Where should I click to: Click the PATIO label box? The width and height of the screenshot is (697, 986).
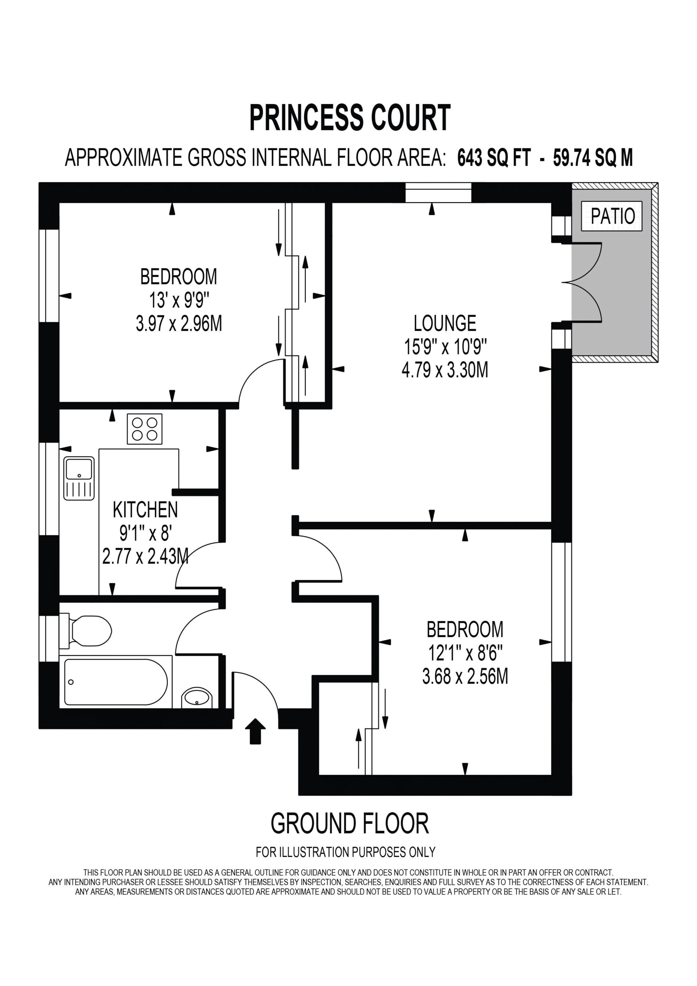tap(612, 216)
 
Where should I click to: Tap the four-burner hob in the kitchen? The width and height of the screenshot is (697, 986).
tap(145, 429)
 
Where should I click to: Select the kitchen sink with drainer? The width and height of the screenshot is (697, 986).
tap(79, 478)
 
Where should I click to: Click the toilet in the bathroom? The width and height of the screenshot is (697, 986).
tap(85, 631)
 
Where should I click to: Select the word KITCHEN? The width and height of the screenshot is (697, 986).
tap(145, 510)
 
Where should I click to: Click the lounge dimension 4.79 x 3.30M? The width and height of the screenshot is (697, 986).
tap(445, 370)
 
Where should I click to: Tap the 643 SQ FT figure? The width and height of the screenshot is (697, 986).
tap(494, 158)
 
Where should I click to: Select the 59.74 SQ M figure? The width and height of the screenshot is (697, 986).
tap(593, 158)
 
